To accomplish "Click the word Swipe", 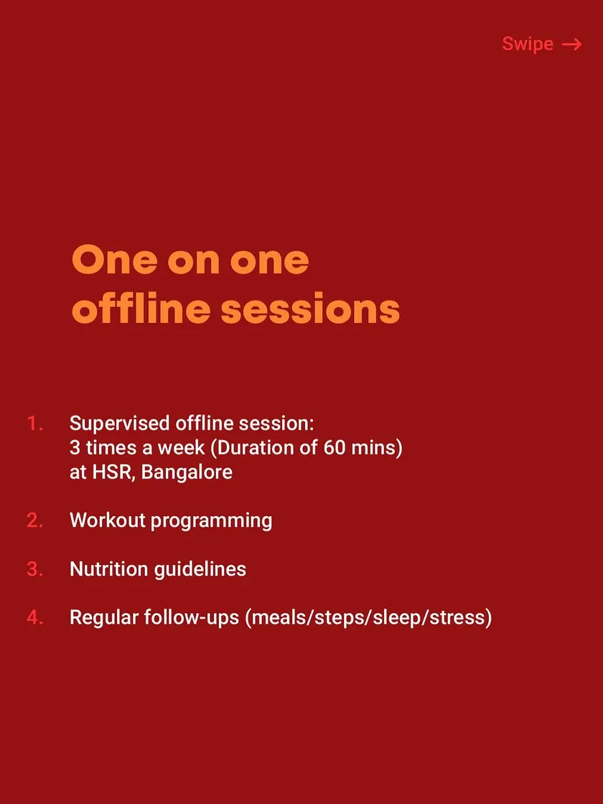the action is pyautogui.click(x=527, y=44).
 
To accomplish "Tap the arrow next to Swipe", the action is pyautogui.click(x=571, y=45).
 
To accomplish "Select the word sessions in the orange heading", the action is pyautogui.click(x=310, y=309).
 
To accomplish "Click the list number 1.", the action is pyautogui.click(x=35, y=424).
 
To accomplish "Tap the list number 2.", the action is pyautogui.click(x=35, y=520).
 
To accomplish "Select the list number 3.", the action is pyautogui.click(x=35, y=569).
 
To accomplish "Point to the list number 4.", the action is pyautogui.click(x=35, y=617).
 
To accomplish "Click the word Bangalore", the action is pyautogui.click(x=187, y=472).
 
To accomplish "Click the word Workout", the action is pyautogui.click(x=108, y=520).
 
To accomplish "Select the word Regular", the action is pyautogui.click(x=104, y=618).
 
